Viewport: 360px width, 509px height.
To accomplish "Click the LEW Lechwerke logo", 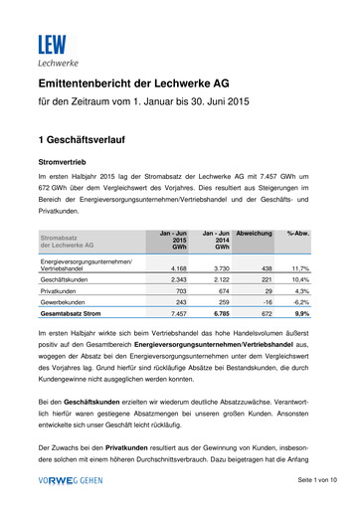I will click(52, 49).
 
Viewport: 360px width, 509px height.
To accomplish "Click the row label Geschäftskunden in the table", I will click(68, 280).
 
